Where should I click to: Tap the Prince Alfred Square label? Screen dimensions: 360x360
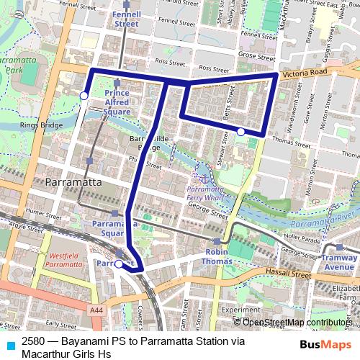tap(117, 102)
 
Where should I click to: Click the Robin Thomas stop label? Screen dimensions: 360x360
tap(216, 256)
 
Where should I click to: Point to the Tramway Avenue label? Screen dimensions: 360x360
tap(338, 262)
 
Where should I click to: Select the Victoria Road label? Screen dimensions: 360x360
tap(305, 73)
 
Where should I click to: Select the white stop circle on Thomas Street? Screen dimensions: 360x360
tap(240, 132)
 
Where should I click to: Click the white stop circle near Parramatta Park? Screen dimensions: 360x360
tap(84, 96)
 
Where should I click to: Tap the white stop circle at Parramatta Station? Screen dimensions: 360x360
tap(119, 264)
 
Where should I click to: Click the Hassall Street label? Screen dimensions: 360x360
tap(289, 274)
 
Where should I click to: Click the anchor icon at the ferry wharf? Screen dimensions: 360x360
tap(204, 177)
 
